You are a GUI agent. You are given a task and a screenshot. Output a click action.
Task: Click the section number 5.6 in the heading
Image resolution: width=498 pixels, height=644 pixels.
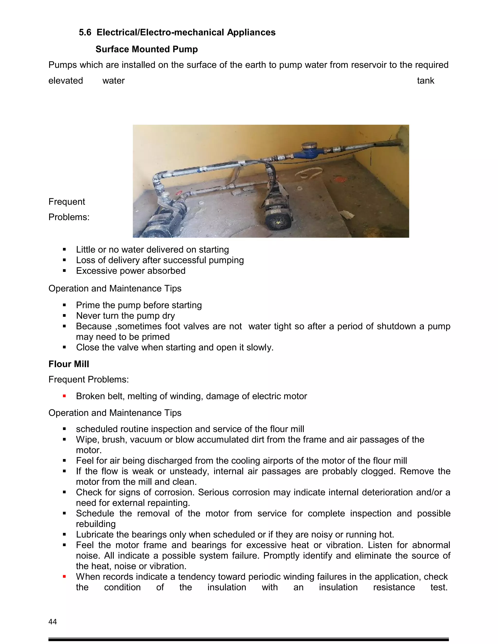pyautogui.click(x=85, y=32)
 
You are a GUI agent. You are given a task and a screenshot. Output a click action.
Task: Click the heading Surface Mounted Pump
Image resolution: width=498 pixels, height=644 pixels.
pyautogui.click(x=146, y=49)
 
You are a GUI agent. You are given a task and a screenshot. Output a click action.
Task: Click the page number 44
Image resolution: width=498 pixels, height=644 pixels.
pyautogui.click(x=53, y=622)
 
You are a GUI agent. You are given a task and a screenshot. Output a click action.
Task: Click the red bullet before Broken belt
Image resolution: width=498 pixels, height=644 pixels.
pyautogui.click(x=64, y=396)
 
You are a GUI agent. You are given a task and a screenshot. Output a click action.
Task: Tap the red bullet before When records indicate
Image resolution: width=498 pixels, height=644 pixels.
pyautogui.click(x=64, y=576)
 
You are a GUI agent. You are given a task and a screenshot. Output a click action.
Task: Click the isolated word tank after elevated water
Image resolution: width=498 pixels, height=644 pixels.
pyautogui.click(x=426, y=81)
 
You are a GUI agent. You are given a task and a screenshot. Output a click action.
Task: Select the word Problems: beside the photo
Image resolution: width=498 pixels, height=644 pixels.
pyautogui.click(x=69, y=217)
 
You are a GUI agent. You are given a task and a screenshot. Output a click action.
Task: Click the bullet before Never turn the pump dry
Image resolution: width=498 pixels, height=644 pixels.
pyautogui.click(x=64, y=316)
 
